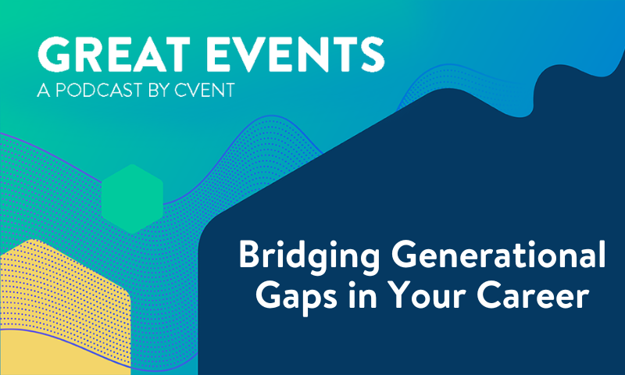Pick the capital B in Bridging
tap(249, 255)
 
